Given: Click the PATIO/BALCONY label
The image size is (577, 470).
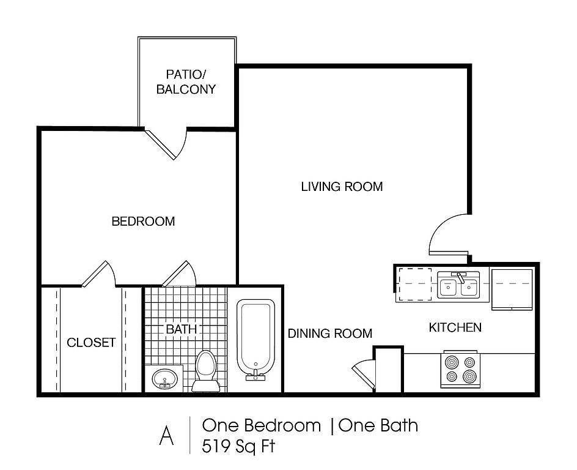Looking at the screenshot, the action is point(186,82).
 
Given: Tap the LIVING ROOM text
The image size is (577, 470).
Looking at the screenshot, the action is point(342,187).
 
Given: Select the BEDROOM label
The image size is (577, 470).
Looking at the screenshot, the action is point(143,221).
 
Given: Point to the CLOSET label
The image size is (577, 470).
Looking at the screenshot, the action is point(91,343).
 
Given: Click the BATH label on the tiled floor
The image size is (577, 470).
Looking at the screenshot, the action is point(181,329).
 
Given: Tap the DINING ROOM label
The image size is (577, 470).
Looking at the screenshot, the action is point(329,334).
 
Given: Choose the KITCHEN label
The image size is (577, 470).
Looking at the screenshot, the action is point(455,327).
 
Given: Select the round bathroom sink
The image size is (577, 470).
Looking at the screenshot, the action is point(164,378).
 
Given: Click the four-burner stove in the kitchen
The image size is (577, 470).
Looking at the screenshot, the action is point(460,370).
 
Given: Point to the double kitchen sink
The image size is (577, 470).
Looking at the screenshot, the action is point(458,285).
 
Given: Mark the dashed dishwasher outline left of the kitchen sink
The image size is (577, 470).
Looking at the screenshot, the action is point(415,285).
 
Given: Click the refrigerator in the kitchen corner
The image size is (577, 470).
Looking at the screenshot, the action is point(512,289).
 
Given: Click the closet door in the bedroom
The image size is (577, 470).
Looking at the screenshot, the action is point(98,274).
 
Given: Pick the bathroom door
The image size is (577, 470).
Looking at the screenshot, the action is point(179,274).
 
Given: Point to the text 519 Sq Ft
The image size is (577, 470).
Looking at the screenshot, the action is point(238,446).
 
